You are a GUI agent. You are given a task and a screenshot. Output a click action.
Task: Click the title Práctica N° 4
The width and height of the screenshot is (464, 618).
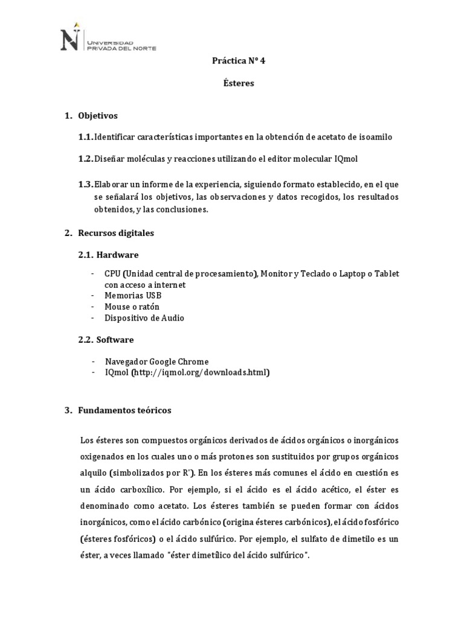point(239,61)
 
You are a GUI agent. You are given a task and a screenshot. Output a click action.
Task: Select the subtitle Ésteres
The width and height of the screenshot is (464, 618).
point(239,83)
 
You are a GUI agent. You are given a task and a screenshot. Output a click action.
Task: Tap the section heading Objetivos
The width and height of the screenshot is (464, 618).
point(98,115)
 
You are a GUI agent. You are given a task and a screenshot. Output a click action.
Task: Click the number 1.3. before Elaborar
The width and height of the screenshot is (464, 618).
point(85,183)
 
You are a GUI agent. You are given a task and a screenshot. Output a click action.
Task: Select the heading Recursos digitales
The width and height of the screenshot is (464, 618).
point(116,232)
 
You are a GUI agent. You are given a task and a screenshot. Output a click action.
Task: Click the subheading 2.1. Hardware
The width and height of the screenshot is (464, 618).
point(108,255)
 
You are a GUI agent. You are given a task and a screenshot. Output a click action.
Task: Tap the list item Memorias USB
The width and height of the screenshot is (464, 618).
point(132,295)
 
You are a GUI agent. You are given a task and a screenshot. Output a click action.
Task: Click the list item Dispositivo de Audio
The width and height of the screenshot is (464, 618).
point(144,317)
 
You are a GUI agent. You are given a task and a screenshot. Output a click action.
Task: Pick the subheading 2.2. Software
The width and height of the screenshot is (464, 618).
point(106,339)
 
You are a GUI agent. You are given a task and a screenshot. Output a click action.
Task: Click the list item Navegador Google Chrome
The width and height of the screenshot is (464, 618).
point(156,362)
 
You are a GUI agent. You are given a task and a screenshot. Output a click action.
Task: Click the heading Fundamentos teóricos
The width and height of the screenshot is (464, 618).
point(124,410)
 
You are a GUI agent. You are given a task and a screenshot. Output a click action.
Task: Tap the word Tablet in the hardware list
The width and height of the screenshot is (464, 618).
point(387,273)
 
